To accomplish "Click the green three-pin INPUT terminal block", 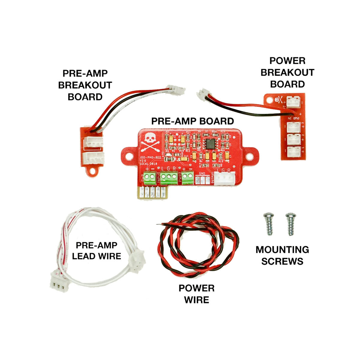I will click(x=168, y=178).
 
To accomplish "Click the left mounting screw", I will click(x=268, y=223).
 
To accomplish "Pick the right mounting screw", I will click(x=290, y=223).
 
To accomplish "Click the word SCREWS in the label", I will click(x=282, y=261).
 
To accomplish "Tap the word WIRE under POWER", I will click(x=196, y=300).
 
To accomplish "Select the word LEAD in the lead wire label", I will click(x=84, y=256).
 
